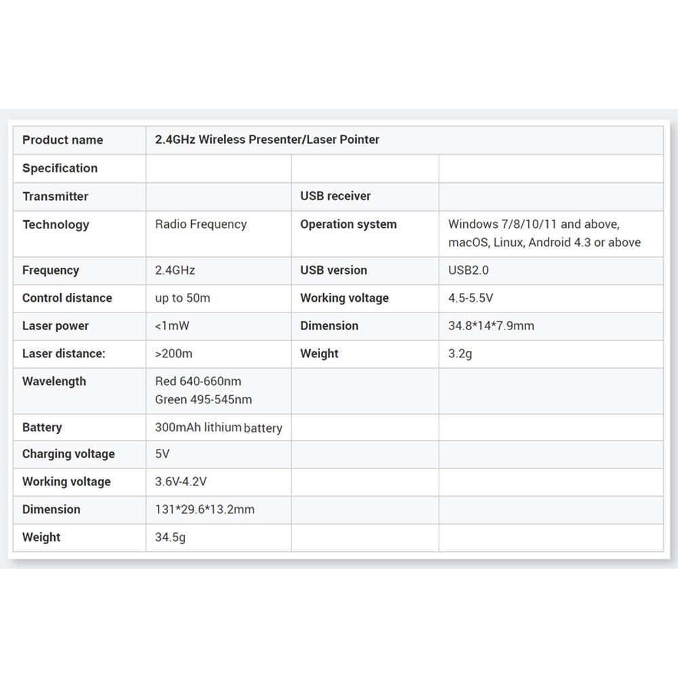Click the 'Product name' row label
pyautogui.click(x=62, y=140)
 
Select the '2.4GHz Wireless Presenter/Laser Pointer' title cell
pyautogui.click(x=267, y=140)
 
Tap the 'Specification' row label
pyautogui.click(x=60, y=168)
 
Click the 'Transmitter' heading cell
pyautogui.click(x=55, y=197)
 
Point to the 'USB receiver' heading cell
pyautogui.click(x=336, y=196)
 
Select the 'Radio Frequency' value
pyautogui.click(x=201, y=224)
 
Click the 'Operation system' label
pyautogui.click(x=348, y=224)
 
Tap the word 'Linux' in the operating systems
pyautogui.click(x=509, y=243)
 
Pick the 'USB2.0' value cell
pyautogui.click(x=468, y=270)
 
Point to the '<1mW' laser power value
pyautogui.click(x=172, y=326)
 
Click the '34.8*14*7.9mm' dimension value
pyautogui.click(x=491, y=326)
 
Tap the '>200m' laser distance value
pyautogui.click(x=174, y=354)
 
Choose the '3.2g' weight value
pyautogui.click(x=460, y=354)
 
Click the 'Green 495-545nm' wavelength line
pyautogui.click(x=203, y=400)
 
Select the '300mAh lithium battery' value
pyautogui.click(x=218, y=428)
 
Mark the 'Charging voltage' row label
pyautogui.click(x=68, y=454)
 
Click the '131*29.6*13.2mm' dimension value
pyautogui.click(x=205, y=509)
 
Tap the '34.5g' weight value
pyautogui.click(x=170, y=538)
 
